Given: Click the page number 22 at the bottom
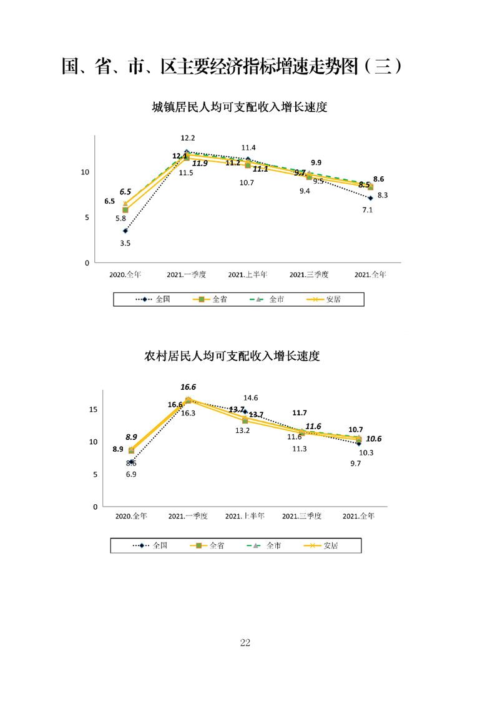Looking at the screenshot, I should click(x=245, y=643).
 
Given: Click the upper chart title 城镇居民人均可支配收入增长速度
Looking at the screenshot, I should click(x=240, y=107).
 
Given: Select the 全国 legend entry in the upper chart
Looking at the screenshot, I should click(x=155, y=299).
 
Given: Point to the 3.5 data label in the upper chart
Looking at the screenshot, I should click(x=125, y=243).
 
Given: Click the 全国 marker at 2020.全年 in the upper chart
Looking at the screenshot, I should click(x=125, y=231).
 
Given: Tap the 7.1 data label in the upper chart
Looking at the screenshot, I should click(x=367, y=210).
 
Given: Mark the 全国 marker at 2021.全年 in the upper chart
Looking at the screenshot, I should click(x=370, y=198).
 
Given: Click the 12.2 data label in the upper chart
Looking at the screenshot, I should click(x=188, y=138).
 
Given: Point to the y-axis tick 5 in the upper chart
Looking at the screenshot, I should click(x=87, y=217).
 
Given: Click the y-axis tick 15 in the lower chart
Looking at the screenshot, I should click(x=93, y=409).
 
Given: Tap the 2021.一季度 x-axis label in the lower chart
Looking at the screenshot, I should click(x=188, y=516).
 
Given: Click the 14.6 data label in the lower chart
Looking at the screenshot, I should click(x=251, y=398).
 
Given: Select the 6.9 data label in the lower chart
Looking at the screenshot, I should click(x=131, y=475).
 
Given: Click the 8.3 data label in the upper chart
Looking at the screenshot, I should click(x=383, y=196).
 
